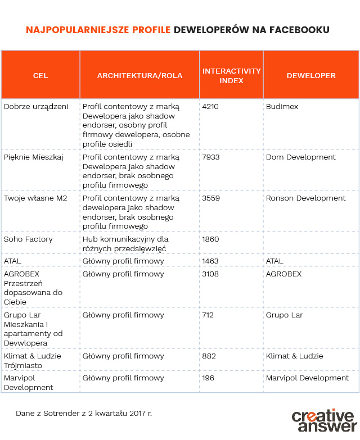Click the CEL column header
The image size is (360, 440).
coord(40,75)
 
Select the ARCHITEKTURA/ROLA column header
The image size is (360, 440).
coord(139,75)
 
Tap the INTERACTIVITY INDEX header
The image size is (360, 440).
coord(231,75)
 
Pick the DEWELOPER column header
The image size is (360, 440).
coord(310,75)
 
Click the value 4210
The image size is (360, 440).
coord(211,107)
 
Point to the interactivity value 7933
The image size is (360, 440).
coord(211,157)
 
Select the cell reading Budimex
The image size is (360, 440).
coord(282,107)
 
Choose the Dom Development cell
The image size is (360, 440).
coord(300,157)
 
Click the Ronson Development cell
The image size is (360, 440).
coord(305,198)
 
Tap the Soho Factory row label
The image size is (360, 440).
coord(28,239)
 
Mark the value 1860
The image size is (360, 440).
coord(211,239)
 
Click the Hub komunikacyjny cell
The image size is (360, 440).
coord(125,244)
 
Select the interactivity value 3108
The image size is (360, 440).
coord(211,274)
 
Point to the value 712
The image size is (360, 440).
coord(208,315)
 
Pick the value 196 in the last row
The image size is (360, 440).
coord(208,378)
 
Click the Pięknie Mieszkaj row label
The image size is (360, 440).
coord(34,157)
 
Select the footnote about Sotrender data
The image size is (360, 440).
coord(83,413)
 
